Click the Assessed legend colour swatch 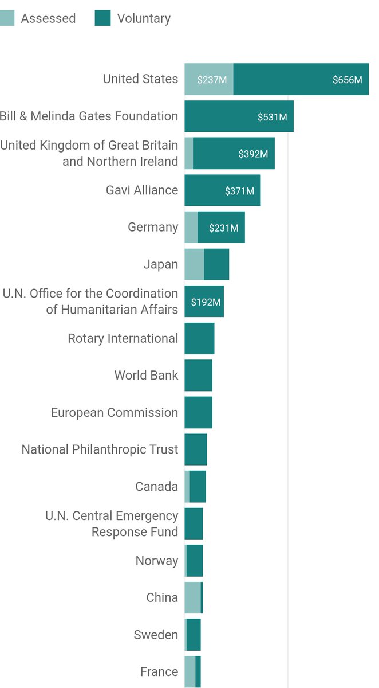pos(6,18)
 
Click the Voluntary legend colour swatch pos(102,18)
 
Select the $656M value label pos(347,80)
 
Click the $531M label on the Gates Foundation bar pos(272,117)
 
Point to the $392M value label pos(253,154)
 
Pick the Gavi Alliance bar pos(222,190)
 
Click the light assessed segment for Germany pos(191,227)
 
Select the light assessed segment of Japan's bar pos(194,264)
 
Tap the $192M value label pos(206,302)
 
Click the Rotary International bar pos(199,338)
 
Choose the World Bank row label pos(146,376)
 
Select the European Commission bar pos(198,412)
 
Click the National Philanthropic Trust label pos(100,449)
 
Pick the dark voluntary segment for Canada pos(198,486)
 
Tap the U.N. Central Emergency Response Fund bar pos(194,523)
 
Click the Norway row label pos(156,561)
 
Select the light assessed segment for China pos(192,597)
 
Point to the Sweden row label pos(156,635)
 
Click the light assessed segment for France pos(189,671)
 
